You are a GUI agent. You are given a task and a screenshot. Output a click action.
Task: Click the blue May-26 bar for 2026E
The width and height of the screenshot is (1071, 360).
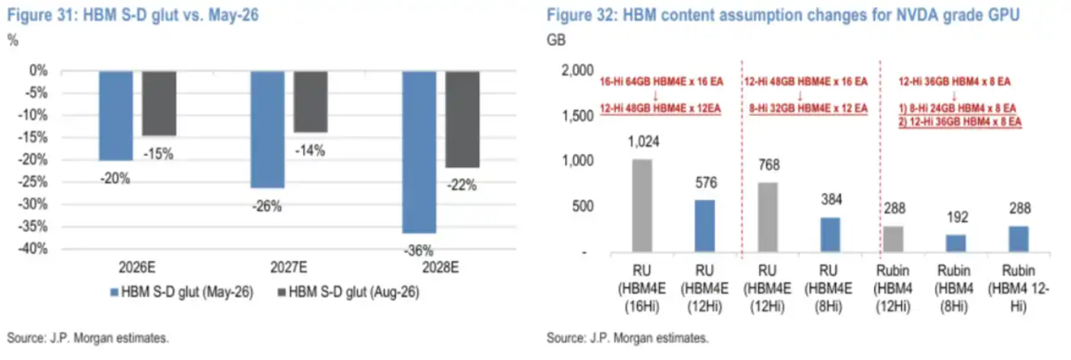[116, 116]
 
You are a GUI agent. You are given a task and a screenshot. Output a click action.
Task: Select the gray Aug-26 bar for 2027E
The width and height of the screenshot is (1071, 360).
[310, 102]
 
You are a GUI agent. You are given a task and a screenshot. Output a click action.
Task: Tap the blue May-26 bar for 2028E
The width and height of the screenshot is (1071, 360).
[420, 153]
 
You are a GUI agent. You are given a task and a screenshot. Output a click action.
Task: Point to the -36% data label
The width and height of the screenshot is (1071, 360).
[418, 250]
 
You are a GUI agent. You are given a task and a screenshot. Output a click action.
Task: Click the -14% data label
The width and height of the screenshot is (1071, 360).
[310, 150]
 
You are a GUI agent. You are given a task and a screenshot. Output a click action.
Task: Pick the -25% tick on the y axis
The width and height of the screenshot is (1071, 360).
[33, 182]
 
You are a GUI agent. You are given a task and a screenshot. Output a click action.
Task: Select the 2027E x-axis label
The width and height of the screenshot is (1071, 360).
[289, 267]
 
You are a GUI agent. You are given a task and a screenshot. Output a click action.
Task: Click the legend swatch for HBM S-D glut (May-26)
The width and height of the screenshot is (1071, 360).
[114, 292]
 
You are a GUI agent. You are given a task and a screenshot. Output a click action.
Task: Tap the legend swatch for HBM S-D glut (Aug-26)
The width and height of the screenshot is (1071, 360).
[282, 291]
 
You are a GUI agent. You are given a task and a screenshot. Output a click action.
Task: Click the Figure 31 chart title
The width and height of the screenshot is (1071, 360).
[133, 14]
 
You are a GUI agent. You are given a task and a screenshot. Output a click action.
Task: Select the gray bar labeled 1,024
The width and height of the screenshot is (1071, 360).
[642, 206]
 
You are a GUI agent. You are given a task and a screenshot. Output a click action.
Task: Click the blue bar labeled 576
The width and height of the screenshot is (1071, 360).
[705, 226]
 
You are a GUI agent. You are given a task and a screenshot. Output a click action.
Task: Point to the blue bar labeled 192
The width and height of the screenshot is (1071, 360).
[956, 243]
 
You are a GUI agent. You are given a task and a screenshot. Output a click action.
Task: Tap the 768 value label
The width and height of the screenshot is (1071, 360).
[769, 165]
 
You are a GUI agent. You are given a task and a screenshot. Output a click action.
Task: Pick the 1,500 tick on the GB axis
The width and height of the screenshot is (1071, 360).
[577, 116]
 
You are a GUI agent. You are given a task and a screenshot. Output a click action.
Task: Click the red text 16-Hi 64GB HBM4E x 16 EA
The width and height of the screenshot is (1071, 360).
[661, 82]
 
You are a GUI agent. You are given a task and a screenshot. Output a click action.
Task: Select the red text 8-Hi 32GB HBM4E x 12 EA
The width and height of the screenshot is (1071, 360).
[808, 108]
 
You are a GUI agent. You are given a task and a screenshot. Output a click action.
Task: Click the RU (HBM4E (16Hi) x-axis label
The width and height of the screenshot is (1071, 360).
[642, 289]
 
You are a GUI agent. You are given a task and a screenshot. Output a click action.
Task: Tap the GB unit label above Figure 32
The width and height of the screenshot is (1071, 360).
[556, 40]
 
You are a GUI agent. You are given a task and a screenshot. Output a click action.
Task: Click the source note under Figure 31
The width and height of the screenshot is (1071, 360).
[88, 338]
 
